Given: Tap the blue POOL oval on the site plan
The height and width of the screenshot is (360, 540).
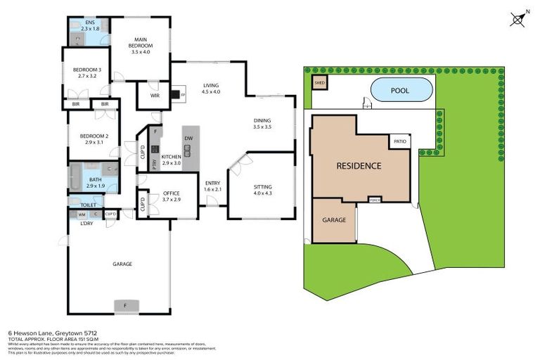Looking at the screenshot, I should pos(400,91).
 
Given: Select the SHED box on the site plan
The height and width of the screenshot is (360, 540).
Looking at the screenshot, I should pos(319,83).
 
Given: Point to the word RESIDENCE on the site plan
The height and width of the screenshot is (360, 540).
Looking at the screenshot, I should pos(359,166).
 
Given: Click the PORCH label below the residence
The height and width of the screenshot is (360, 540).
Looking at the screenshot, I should pos(374,200).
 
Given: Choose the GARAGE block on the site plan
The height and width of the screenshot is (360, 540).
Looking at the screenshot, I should pos(334,220).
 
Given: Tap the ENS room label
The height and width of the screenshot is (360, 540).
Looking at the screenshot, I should pos(90,23).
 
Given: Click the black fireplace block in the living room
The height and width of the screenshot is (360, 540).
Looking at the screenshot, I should pos(175,95).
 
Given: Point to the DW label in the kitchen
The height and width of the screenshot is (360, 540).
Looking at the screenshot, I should pos(188,139).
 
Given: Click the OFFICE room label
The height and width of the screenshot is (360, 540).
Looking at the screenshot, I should pos(171,193).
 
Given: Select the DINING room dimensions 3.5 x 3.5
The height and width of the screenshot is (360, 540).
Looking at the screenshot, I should pos(262,128).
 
